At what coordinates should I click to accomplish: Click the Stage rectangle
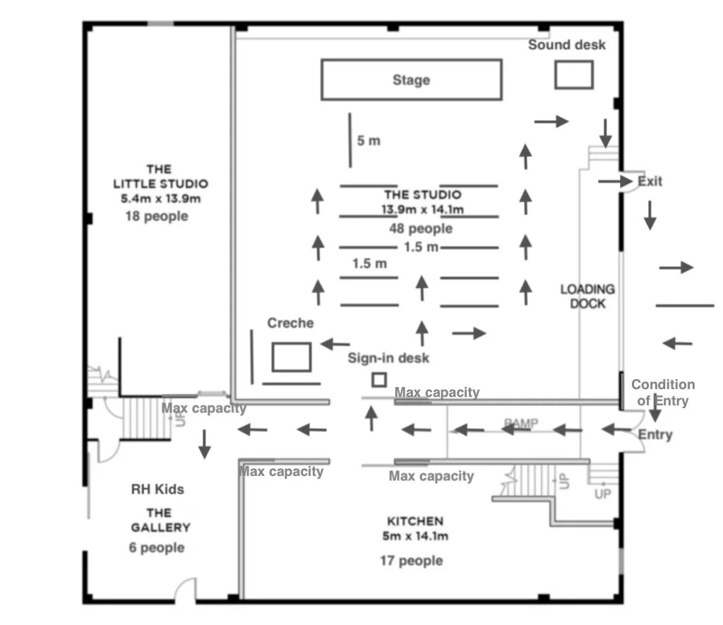pos(412,80)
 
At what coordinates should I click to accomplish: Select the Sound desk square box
pos(573,74)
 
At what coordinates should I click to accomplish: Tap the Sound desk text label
pos(567,45)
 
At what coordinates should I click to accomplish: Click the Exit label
pos(650,181)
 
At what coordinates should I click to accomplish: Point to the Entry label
pos(655,435)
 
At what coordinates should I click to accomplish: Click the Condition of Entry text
pos(662,393)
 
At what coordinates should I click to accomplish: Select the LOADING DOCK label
pos(587,296)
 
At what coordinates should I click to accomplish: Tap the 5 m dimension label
pos(369,141)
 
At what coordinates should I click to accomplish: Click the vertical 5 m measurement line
pos(350,140)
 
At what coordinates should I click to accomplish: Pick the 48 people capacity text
pos(421,229)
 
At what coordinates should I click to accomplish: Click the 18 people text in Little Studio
pos(157,216)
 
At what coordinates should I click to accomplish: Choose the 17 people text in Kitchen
pos(411,561)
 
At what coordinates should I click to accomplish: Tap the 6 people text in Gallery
pos(157,547)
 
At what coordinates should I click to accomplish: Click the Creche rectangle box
pos(292,357)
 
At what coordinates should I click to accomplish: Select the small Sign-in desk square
pos(379,379)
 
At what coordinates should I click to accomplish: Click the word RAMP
pos(521,423)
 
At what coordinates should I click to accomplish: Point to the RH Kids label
pos(157,489)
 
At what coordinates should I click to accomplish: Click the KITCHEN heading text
pos(415,521)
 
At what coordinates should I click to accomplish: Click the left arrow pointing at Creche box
pos(335,344)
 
